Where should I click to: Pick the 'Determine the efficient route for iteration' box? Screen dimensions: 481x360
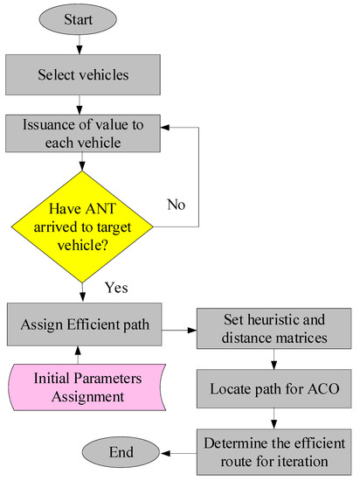point(274,449)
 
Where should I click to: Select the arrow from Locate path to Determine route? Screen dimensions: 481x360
point(274,418)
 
